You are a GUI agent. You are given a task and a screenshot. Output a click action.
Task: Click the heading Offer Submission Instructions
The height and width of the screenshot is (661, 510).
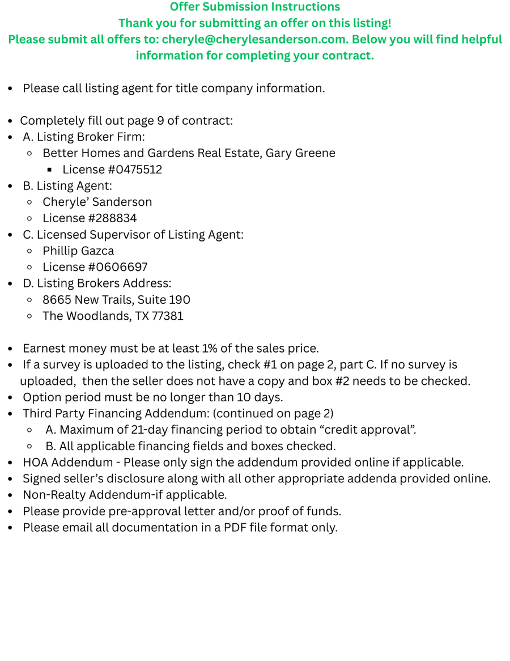tap(255, 7)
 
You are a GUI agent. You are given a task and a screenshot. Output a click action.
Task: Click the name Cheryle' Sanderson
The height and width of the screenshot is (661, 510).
tap(97, 202)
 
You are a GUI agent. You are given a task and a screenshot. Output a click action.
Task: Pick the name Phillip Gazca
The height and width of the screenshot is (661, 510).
tap(78, 251)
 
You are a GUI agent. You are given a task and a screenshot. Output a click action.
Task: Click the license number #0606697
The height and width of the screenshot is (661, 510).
tap(117, 267)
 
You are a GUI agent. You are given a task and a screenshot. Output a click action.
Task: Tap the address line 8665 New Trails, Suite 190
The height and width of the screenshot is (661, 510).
tap(116, 300)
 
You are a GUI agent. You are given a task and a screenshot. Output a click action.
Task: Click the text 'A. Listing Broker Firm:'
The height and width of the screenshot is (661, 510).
tap(84, 137)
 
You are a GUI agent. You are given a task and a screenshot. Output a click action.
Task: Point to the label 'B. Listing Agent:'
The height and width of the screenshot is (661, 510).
tap(67, 185)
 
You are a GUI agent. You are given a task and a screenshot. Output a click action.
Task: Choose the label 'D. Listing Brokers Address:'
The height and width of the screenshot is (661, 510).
tap(97, 283)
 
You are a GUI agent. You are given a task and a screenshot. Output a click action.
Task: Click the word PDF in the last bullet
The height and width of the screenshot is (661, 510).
tap(235, 528)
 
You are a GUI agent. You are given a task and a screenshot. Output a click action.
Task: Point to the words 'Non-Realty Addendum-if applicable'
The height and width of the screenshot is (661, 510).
tap(125, 495)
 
